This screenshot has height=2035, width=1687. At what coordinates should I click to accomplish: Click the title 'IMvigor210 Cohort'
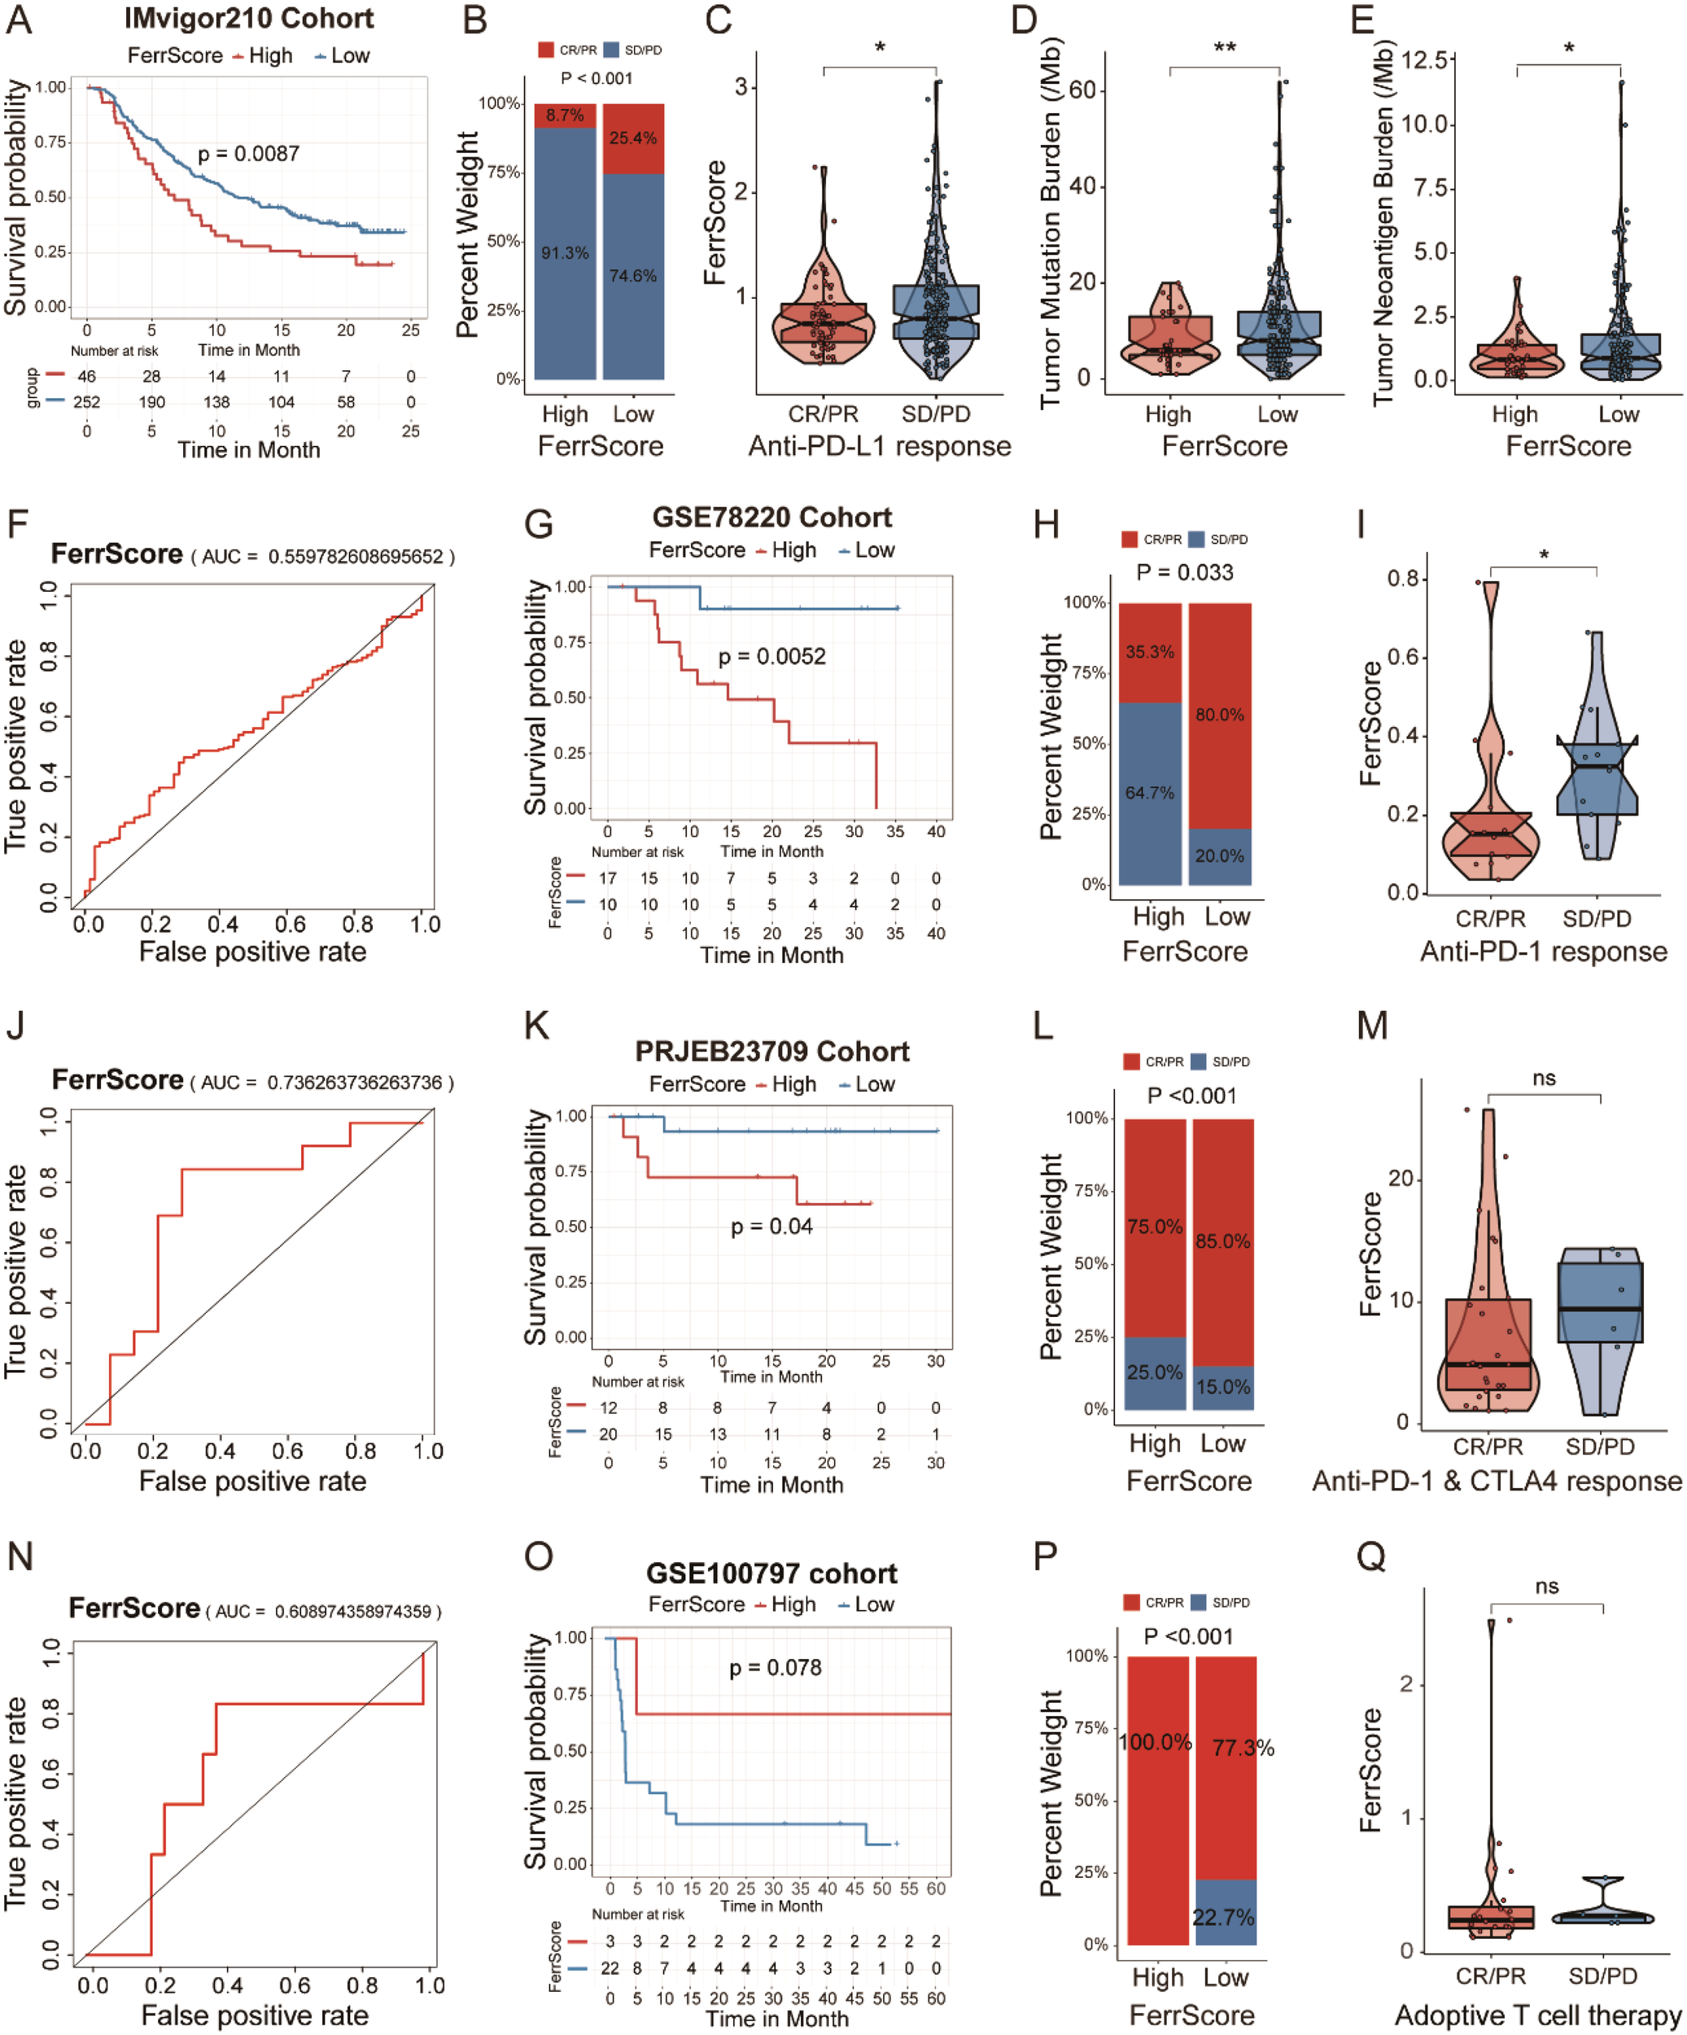(x=249, y=19)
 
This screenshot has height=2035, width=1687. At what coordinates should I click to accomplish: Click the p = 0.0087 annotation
(x=249, y=154)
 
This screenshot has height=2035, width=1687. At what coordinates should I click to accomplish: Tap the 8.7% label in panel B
(x=565, y=116)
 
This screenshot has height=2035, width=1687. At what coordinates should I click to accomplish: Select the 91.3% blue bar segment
(x=565, y=254)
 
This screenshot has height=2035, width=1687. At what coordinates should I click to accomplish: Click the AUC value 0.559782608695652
(x=356, y=558)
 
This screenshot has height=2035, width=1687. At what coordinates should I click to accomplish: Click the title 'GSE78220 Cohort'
(x=771, y=518)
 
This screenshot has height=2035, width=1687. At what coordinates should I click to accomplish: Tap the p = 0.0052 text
(x=771, y=657)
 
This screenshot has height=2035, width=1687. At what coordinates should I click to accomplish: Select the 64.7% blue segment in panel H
(x=1149, y=794)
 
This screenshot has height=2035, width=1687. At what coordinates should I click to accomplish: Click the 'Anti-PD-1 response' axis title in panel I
(x=1543, y=952)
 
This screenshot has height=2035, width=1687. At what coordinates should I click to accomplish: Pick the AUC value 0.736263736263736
(x=355, y=1083)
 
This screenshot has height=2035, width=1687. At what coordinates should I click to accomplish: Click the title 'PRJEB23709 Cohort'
(x=771, y=1052)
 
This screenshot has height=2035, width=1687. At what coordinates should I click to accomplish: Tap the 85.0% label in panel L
(x=1223, y=1241)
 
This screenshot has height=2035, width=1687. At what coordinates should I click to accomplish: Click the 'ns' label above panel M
(x=1544, y=1079)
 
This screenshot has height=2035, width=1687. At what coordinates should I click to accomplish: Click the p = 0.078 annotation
(x=776, y=1668)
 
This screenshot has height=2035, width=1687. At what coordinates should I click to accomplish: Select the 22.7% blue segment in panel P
(x=1225, y=1917)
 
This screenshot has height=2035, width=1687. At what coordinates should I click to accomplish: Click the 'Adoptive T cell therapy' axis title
(x=1538, y=2015)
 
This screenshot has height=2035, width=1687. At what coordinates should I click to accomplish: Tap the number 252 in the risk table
(x=86, y=402)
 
